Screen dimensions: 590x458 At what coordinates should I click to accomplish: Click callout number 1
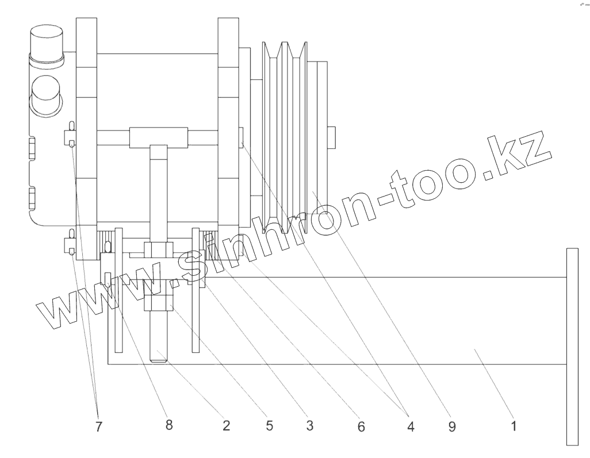point(514,426)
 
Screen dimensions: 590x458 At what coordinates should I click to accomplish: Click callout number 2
point(226,426)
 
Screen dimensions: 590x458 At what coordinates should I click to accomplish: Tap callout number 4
point(409,426)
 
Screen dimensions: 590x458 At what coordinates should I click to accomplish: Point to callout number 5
point(268,426)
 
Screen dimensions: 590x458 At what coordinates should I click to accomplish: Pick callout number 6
point(361,426)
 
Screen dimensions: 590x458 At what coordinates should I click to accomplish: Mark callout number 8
point(168,426)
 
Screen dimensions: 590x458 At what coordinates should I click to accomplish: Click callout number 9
point(452,426)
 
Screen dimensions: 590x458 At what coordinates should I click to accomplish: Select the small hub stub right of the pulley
point(331,136)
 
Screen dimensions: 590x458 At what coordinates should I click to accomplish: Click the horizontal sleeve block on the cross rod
point(159,136)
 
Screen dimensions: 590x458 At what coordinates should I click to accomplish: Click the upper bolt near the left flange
point(70,136)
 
